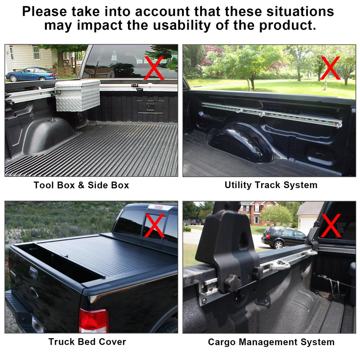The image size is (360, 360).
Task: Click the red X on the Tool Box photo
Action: point(154,67)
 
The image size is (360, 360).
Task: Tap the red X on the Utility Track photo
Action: point(330,67)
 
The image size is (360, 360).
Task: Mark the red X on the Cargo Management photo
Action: point(330,225)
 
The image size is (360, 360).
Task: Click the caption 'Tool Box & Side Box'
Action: point(81,185)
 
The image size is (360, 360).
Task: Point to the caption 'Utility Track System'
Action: point(271,185)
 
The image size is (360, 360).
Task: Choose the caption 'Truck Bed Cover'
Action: point(87,342)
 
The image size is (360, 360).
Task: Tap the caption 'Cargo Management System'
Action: point(271,342)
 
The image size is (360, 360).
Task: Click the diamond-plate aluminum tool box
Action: point(78,95)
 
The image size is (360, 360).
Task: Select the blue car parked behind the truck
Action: point(32,74)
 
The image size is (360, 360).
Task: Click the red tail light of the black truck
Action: point(93,321)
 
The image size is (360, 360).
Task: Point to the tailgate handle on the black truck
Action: point(33,273)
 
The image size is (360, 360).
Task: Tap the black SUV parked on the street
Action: point(283,237)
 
